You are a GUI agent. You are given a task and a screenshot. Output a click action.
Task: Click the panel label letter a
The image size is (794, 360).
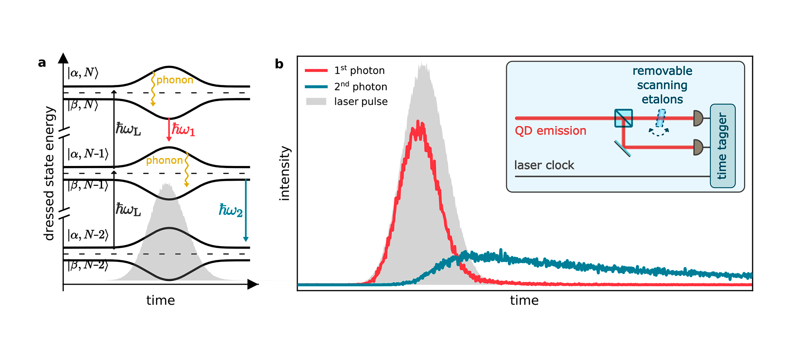tap(42, 62)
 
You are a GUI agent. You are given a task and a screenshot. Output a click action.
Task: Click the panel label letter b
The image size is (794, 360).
tap(279, 64)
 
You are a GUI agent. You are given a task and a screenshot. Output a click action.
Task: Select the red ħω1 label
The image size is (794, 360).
tap(183, 130)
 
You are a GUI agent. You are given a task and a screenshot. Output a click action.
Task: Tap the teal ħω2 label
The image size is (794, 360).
tap(230, 210)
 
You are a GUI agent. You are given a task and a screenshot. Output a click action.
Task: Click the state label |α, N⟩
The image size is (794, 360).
tap(83, 73)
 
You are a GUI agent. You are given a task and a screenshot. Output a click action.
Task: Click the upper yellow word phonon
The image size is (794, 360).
tap(175, 80)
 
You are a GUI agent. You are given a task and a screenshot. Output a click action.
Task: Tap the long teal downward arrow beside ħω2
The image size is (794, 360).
tap(246, 210)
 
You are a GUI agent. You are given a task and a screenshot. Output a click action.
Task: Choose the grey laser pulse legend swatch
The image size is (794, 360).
tap(316, 101)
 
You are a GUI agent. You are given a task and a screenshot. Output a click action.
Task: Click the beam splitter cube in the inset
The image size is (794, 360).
tap(623, 118)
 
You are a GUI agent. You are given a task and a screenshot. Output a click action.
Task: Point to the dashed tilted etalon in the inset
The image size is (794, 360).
tap(660, 118)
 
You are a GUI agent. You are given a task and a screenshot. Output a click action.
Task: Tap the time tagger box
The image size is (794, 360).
tap(722, 146)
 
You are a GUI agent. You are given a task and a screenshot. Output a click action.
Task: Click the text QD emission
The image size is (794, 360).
tap(550, 131)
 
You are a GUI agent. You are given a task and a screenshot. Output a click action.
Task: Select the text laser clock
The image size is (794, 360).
tap(544, 165)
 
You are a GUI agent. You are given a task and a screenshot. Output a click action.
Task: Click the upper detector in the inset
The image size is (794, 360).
tap(698, 118)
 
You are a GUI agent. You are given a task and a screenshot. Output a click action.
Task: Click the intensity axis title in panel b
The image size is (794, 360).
tap(285, 173)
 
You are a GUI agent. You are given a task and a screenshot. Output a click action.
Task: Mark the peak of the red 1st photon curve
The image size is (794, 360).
tap(419, 123)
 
